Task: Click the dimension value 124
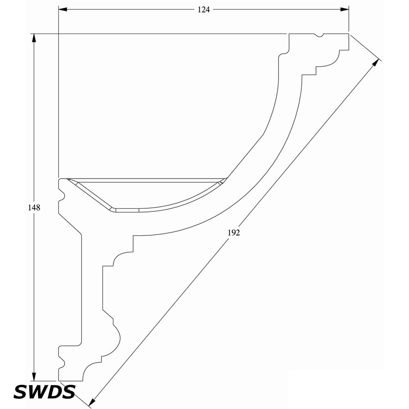pos(203,10)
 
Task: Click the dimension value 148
pos(34,208)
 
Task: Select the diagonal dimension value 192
pos(234,232)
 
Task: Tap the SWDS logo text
pos(44,392)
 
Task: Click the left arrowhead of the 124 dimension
pos(63,9)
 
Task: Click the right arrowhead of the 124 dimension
pos(344,9)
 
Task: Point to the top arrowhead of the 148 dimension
pos(34,38)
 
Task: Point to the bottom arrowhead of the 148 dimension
pos(34,376)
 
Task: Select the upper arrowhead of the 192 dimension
pos(375,63)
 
